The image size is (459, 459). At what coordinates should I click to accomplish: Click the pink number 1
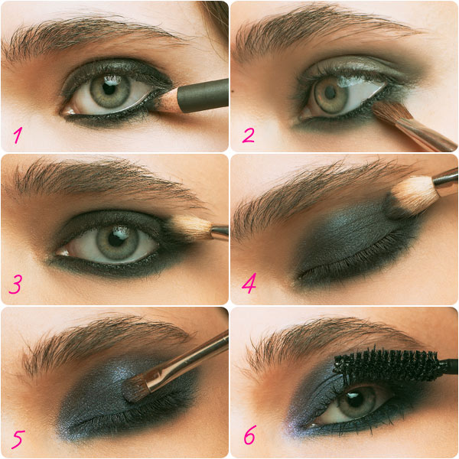click(x=18, y=135)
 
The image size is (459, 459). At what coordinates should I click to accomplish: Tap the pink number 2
click(x=248, y=135)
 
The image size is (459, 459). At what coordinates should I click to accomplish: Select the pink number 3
click(x=15, y=285)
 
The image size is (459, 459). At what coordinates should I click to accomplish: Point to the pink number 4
click(x=249, y=283)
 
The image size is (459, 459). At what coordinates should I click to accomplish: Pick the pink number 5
click(x=18, y=439)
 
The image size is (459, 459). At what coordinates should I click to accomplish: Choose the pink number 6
click(x=250, y=435)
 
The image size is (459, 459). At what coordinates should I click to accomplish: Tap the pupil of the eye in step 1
click(x=109, y=88)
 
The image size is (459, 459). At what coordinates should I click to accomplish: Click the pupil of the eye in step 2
click(x=330, y=93)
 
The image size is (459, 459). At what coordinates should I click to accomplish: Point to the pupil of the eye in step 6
click(x=355, y=400)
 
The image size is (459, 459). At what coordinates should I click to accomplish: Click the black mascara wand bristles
click(x=387, y=365)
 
